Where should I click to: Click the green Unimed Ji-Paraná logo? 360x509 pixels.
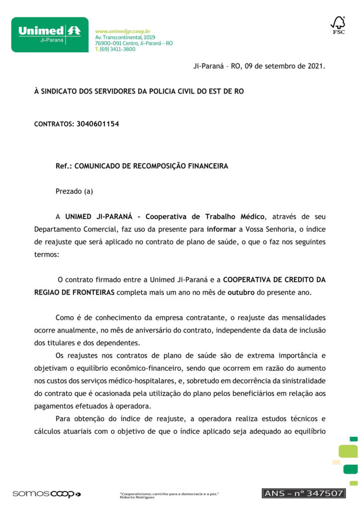click(x=50, y=35)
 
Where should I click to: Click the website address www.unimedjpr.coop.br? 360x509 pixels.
click(x=122, y=31)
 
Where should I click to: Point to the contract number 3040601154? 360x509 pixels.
click(x=98, y=123)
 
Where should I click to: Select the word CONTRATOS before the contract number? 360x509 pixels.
click(x=53, y=124)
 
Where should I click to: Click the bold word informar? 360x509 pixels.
click(x=222, y=229)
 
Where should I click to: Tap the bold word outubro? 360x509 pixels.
click(x=241, y=292)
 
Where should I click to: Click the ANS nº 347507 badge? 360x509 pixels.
click(x=303, y=493)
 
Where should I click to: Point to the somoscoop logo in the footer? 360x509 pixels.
click(x=46, y=494)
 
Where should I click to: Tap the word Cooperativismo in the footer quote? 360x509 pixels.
click(x=136, y=493)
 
